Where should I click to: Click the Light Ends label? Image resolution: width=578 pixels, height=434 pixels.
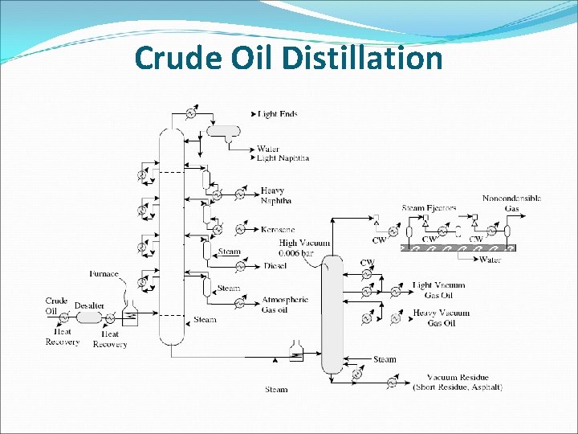[278, 114]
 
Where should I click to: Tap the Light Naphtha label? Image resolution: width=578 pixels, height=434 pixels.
[283, 158]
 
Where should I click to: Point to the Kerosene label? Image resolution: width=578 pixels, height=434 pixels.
[278, 230]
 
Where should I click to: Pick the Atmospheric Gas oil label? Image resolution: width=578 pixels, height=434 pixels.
[284, 305]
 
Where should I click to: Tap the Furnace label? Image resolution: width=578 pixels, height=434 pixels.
[104, 274]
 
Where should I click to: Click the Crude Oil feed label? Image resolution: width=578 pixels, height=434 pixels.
[56, 305]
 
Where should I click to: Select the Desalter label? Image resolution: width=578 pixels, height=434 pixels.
[90, 306]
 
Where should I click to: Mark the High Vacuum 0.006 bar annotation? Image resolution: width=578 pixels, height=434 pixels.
[299, 248]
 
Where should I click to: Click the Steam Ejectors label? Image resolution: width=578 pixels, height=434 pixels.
[429, 208]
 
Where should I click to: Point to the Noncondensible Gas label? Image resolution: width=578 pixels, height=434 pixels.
[511, 203]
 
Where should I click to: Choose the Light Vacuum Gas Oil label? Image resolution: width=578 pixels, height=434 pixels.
[438, 290]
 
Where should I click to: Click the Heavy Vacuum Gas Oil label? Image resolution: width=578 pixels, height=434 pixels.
[441, 317]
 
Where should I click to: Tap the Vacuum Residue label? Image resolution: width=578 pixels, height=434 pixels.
[458, 383]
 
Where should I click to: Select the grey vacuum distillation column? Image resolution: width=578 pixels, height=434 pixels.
[332, 313]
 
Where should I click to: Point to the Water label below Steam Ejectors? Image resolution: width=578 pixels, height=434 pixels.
[490, 260]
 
